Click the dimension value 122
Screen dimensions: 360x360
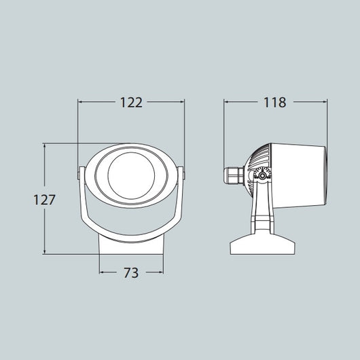[x=131, y=103]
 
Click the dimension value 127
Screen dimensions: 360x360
[x=44, y=200]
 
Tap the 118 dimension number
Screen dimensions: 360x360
[x=274, y=103]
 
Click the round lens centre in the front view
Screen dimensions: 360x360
[x=131, y=177]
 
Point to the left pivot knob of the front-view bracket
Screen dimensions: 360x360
[x=78, y=175]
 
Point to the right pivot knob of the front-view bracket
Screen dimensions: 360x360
[x=184, y=175]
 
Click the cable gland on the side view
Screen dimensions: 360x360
[x=234, y=175]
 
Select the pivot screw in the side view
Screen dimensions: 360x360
[x=262, y=176]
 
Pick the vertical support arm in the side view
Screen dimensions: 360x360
[x=263, y=211]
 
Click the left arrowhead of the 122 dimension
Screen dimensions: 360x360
[x=81, y=103]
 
